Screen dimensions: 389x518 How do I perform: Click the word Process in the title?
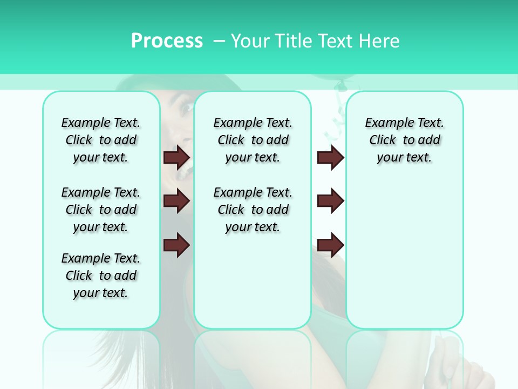167,41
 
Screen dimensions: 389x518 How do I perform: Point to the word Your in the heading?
250,41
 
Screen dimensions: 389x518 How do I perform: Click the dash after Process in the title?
219,42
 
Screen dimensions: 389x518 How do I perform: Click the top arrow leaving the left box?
176,157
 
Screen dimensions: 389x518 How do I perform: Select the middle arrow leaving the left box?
176,201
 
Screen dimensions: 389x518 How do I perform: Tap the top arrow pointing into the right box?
330,157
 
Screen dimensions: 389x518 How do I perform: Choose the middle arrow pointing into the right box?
330,201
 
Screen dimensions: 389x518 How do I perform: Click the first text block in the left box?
101,140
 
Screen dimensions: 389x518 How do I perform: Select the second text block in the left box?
101,210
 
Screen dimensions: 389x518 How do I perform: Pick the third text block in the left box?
101,276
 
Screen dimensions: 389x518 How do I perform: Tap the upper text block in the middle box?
253,140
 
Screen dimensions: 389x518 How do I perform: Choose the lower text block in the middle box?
253,210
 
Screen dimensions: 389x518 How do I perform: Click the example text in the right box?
404,140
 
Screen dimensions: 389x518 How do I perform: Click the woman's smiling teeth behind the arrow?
187,172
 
